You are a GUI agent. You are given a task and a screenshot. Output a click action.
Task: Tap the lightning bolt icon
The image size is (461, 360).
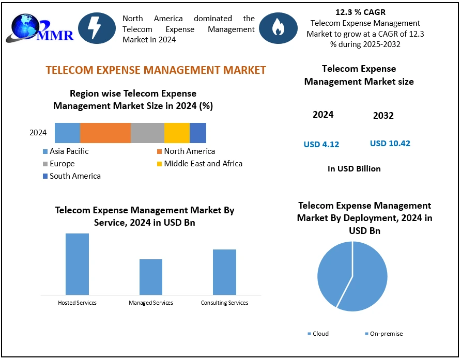(x=95, y=28)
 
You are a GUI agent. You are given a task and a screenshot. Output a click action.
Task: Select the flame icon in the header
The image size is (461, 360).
(x=278, y=28)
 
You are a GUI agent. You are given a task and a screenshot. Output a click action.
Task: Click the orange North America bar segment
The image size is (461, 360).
(x=105, y=133)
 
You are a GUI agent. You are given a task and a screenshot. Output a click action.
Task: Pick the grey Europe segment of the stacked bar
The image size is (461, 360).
(x=147, y=133)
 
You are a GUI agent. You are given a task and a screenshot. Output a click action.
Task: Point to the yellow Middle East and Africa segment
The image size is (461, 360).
(x=177, y=133)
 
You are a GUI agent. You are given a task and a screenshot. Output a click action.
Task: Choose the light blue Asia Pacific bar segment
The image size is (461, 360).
(x=67, y=133)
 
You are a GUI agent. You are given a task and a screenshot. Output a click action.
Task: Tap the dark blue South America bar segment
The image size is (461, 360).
(x=198, y=133)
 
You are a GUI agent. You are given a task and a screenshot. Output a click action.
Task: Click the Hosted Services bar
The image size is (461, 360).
(x=77, y=264)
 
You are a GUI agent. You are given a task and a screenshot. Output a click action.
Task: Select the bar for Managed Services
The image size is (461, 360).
(x=151, y=277)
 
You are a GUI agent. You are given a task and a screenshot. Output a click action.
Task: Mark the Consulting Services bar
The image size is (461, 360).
(x=224, y=272)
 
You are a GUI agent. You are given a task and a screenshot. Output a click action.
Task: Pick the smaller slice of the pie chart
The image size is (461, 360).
(x=331, y=271)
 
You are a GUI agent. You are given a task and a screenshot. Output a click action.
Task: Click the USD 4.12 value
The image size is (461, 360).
(x=321, y=145)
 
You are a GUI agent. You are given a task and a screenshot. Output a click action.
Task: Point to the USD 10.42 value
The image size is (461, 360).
(x=390, y=144)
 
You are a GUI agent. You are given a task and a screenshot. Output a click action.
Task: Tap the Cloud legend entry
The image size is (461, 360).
(x=320, y=334)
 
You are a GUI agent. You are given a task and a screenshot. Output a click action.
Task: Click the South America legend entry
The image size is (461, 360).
(x=75, y=176)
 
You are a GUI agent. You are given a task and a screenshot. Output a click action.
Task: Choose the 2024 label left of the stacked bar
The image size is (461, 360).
(x=38, y=133)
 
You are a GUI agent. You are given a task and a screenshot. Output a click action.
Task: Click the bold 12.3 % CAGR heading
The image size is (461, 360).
(x=360, y=12)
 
